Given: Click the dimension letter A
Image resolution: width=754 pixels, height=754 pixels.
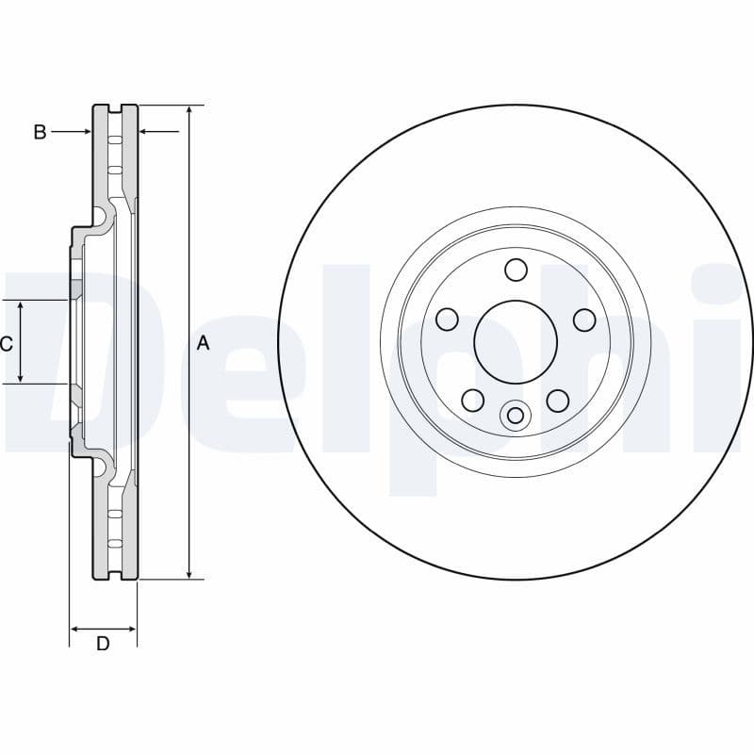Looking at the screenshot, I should [x=203, y=344].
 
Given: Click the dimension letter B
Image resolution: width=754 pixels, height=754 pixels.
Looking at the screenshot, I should [x=40, y=132].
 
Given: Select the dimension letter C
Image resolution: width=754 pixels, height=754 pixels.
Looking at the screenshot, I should [x=7, y=344].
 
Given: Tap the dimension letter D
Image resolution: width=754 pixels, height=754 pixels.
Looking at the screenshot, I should [x=104, y=644].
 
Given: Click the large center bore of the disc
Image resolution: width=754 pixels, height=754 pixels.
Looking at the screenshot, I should [x=515, y=341].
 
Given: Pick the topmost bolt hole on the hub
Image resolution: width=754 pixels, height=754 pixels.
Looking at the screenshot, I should [x=515, y=270].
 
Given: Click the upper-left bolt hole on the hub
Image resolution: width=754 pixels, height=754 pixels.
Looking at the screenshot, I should [x=447, y=320].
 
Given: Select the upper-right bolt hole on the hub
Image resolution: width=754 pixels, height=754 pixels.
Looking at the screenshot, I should [x=584, y=320].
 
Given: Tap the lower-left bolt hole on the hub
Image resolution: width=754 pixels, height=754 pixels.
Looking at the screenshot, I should [x=473, y=401].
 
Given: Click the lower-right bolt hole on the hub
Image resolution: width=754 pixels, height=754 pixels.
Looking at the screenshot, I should [x=558, y=401].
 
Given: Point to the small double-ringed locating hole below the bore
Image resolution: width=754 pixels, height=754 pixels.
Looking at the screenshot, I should [x=515, y=415].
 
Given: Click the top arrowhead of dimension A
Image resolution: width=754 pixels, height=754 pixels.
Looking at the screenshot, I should [x=189, y=111].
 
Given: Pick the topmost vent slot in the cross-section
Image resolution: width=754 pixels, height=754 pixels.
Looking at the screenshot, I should [x=115, y=140].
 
